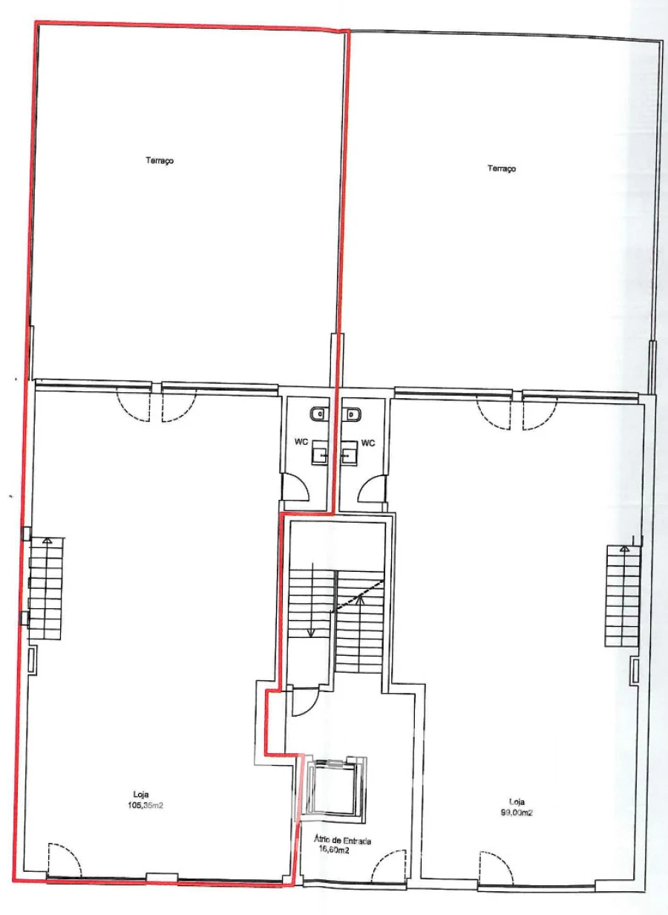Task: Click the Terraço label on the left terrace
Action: [x=160, y=160]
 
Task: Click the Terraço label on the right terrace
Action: [x=502, y=169]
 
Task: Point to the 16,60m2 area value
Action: [x=333, y=850]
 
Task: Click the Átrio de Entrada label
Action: [x=342, y=841]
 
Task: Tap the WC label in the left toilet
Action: [x=301, y=443]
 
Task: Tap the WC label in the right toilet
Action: [x=368, y=443]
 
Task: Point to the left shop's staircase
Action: [x=46, y=589]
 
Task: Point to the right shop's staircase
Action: [x=623, y=596]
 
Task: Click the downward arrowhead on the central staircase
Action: [x=312, y=633]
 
